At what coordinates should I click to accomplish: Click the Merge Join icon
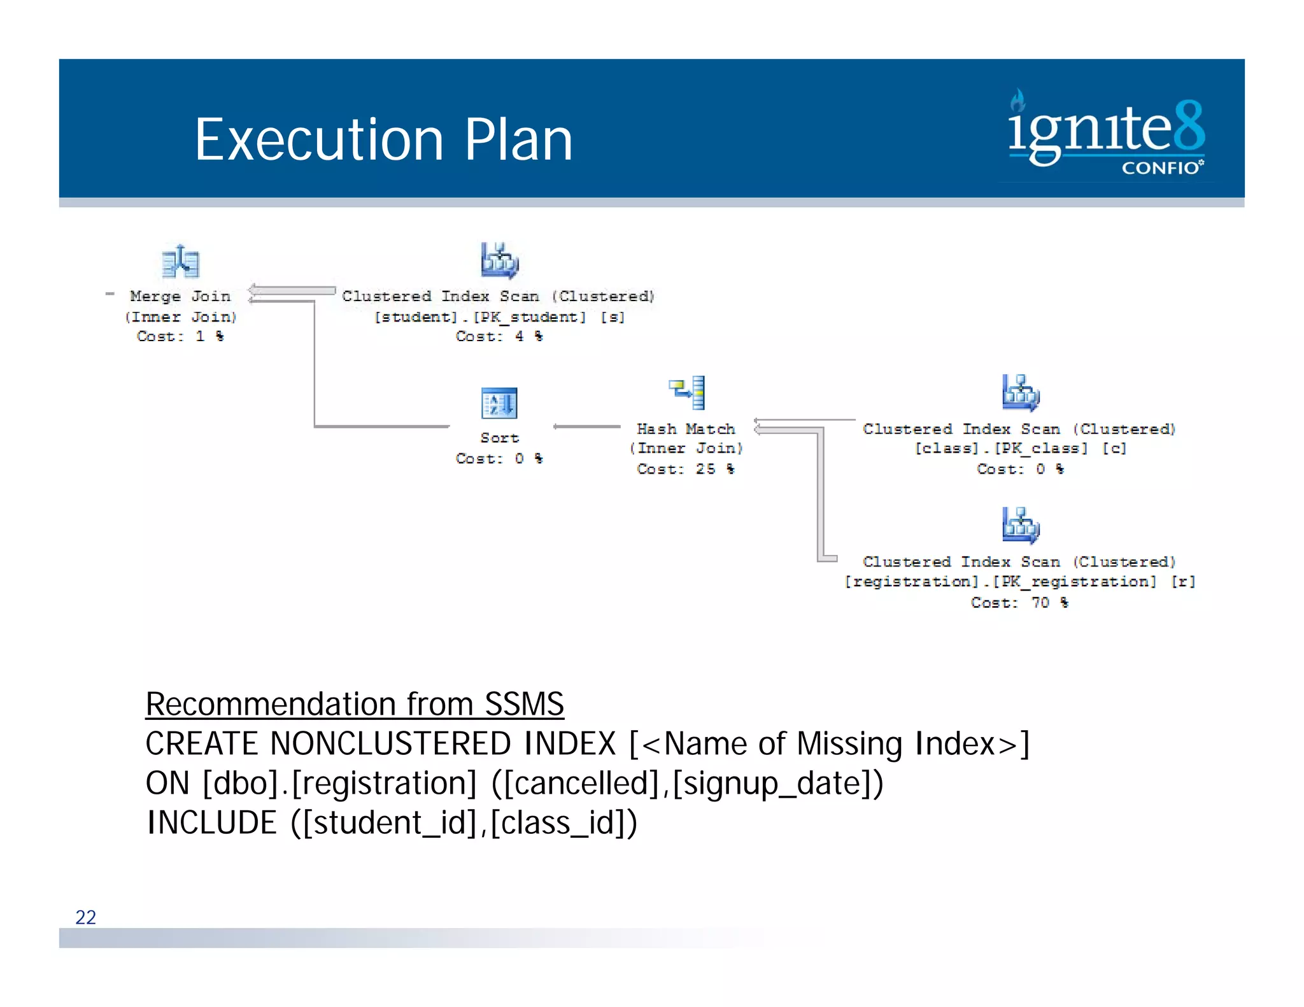pos(181,262)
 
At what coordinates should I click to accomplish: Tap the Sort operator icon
pos(499,403)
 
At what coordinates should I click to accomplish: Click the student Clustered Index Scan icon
pos(500,260)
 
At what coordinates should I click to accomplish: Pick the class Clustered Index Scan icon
pos(1021,393)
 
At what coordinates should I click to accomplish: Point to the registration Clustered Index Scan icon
pos(1021,525)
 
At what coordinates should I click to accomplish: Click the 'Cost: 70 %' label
pos(1019,602)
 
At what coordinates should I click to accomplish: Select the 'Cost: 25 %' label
pos(686,469)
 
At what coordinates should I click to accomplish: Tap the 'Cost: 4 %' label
pos(499,336)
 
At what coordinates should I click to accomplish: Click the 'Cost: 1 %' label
pos(180,336)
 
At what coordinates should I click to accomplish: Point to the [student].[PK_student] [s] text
pos(499,316)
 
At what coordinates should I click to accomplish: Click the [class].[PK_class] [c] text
pos(1020,448)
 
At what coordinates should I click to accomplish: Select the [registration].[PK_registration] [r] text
pos(1019,582)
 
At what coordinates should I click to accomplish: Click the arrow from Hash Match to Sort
pos(586,426)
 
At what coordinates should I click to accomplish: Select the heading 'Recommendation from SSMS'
pos(355,704)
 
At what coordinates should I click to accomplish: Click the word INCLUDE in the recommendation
pos(212,822)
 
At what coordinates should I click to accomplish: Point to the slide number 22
pos(86,917)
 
